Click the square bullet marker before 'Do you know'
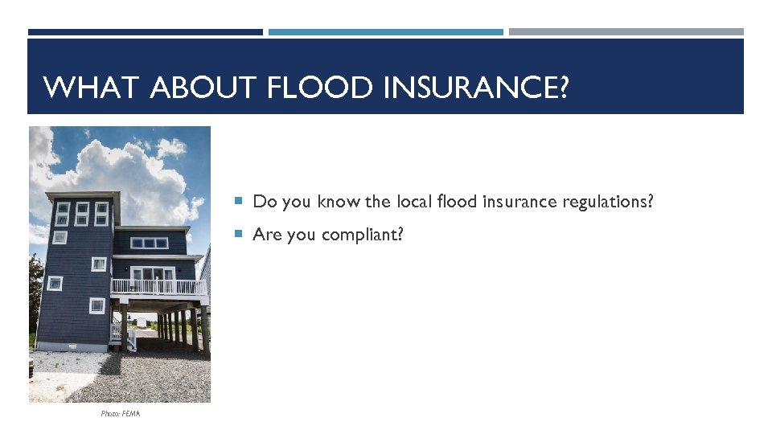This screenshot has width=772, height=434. point(239,201)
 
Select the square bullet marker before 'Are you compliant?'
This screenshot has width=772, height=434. point(239,234)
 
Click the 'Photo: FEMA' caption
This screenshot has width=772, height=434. point(121,413)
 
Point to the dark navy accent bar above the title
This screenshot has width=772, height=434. point(145,32)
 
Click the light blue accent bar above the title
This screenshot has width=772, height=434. point(385,32)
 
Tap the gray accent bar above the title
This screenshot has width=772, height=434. point(626,32)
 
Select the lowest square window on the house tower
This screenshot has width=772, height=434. point(96,305)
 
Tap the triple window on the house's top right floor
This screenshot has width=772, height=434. point(149,243)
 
